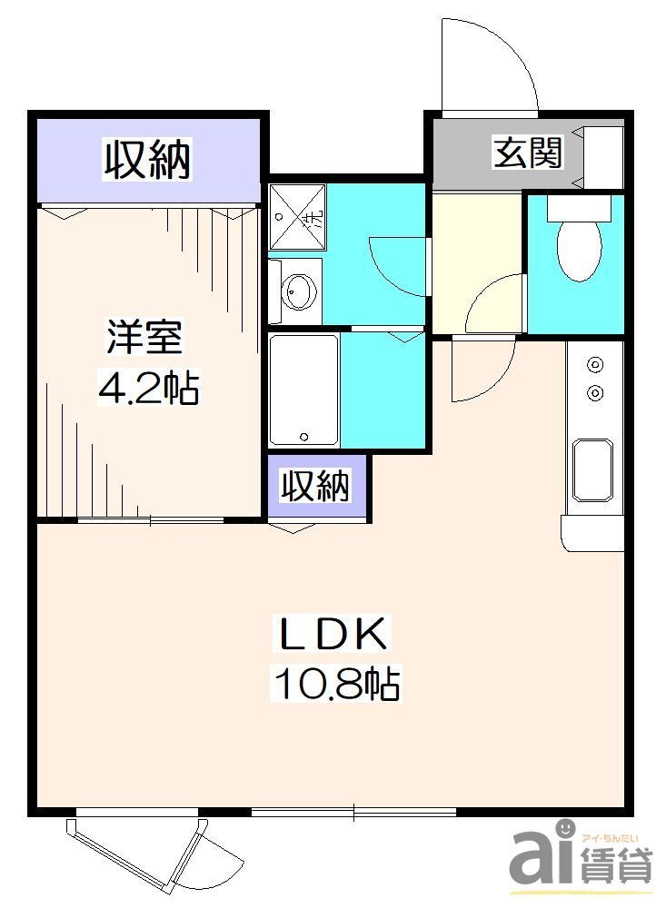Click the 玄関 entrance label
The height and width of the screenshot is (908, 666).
(x=527, y=153)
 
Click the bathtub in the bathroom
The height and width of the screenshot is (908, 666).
(x=303, y=389)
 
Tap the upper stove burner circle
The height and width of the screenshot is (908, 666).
(x=596, y=365)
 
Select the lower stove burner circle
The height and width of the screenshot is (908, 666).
(x=596, y=392)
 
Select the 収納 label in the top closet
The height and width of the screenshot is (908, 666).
(x=147, y=160)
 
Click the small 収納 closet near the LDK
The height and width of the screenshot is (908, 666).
(x=314, y=488)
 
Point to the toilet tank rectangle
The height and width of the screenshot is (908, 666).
(x=576, y=208)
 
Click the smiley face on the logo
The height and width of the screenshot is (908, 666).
(x=563, y=828)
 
